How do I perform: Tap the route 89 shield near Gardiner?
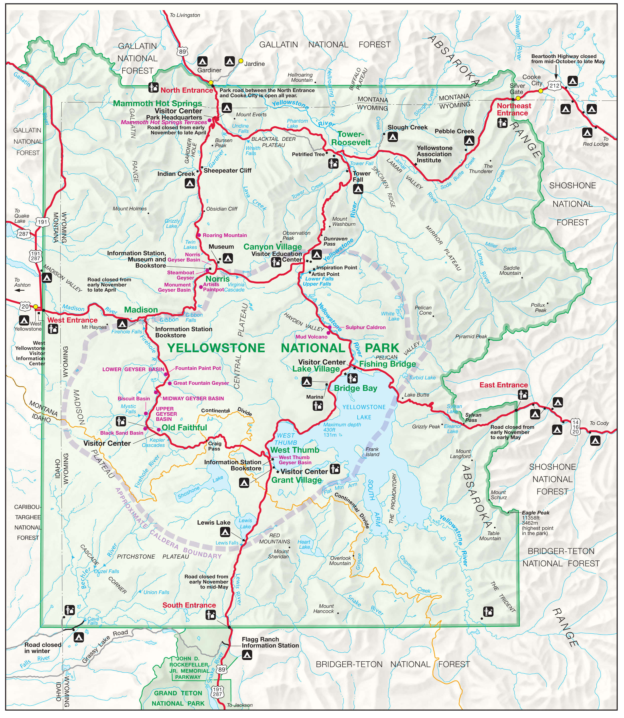click(183, 52)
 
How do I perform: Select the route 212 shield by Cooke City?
click(554, 85)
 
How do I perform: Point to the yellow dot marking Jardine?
click(241, 61)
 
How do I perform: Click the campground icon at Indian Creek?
click(189, 183)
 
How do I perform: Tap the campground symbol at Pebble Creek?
click(469, 140)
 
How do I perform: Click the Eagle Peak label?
click(535, 512)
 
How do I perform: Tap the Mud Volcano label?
click(311, 337)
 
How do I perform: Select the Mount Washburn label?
click(343, 221)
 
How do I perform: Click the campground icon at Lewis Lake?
click(225, 532)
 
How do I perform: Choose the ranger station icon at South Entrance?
click(210, 615)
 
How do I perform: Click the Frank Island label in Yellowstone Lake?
click(372, 452)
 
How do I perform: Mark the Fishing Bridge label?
click(387, 364)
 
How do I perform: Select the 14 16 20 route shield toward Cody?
click(575, 427)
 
